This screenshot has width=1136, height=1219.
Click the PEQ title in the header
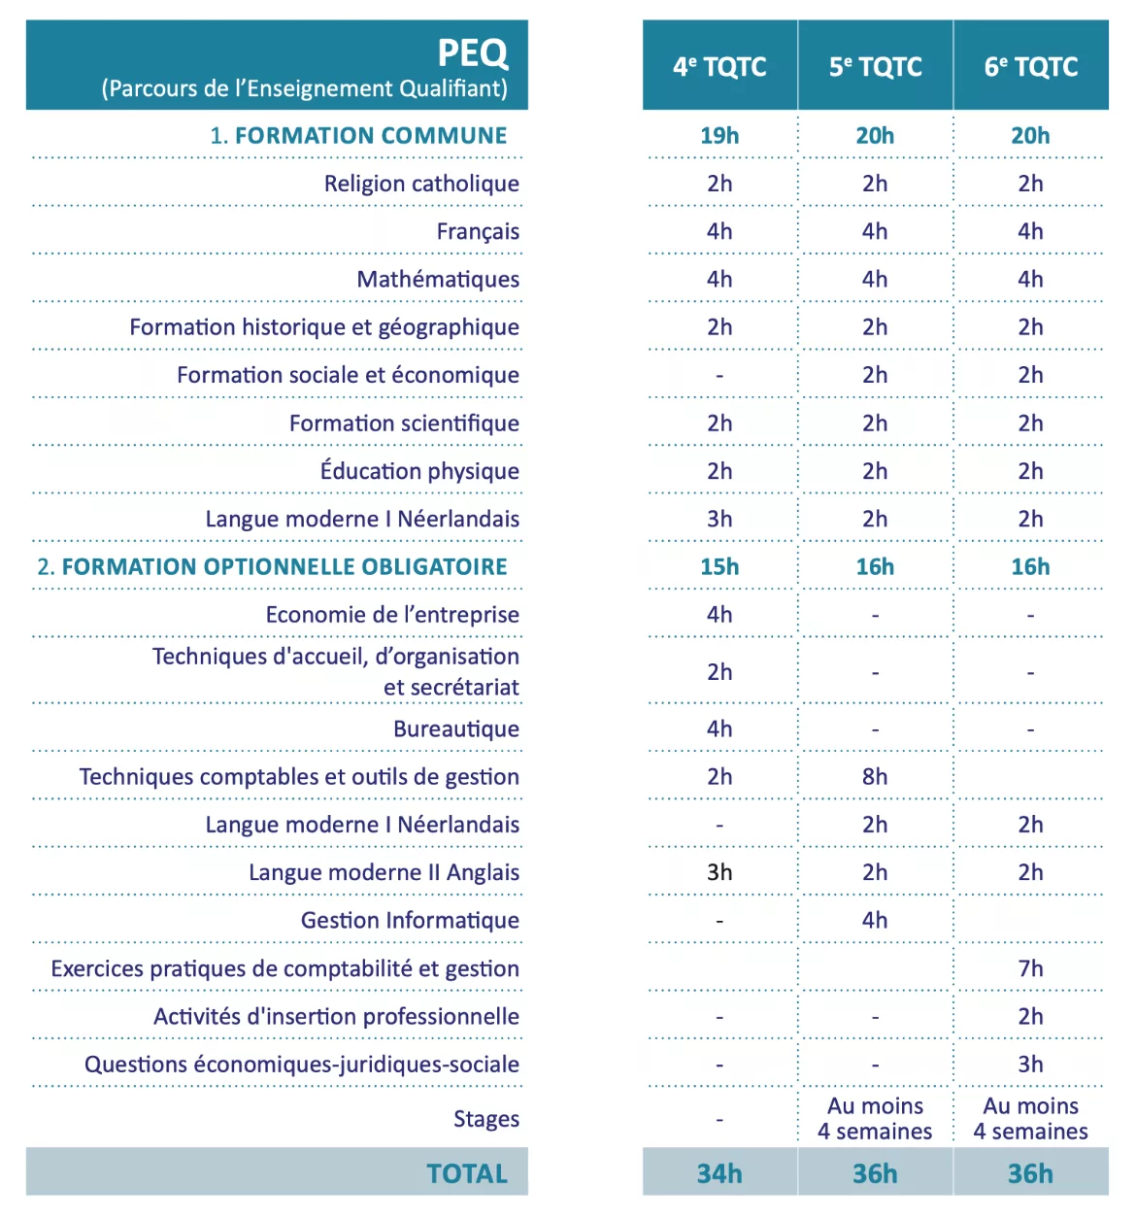pos(472,52)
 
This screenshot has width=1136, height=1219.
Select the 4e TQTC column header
pos(719,66)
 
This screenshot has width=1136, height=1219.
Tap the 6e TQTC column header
pos(1030,66)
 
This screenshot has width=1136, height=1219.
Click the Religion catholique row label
pos(421,183)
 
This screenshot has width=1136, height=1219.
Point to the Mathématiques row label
pos(438,279)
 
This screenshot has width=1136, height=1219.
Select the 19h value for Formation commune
pos(719,135)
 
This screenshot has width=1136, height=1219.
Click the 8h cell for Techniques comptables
pos(875,776)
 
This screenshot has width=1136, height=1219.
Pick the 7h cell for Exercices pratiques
pos(1030,968)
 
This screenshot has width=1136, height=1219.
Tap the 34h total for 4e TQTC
pos(719,1173)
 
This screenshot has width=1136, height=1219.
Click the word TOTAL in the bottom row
pos(467,1173)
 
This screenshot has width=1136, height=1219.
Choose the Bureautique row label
pos(456,728)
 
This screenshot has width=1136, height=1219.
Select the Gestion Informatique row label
pos(410,920)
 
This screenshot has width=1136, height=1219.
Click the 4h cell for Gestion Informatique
pos(875,920)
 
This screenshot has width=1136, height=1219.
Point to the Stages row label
pos(486,1118)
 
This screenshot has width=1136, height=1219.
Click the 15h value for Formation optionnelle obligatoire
pos(719,566)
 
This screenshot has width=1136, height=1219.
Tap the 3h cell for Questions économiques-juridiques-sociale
pos(1030,1064)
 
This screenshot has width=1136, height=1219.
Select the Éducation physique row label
pos(419,469)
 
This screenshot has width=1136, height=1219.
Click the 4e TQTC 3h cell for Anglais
pos(719,872)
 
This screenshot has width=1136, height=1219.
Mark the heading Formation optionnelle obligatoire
pos(273,566)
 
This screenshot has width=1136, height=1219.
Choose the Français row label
pos(478,231)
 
